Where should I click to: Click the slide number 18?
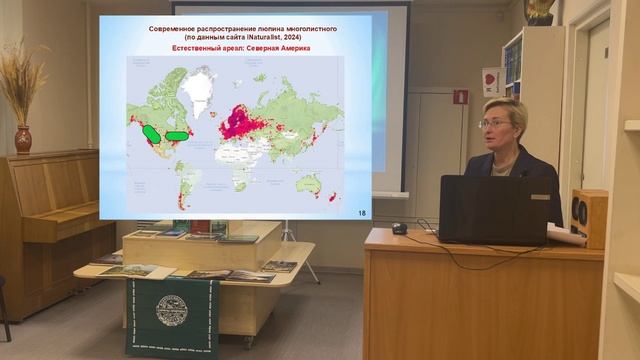click(361, 212)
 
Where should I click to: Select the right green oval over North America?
click(177, 135)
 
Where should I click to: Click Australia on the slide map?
click(312, 181)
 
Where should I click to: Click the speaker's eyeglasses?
click(495, 123)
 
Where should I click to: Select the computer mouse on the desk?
click(399, 228)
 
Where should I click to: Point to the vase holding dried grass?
click(23, 138)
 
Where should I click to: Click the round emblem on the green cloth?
click(171, 310)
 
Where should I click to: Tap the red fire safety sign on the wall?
click(460, 97)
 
